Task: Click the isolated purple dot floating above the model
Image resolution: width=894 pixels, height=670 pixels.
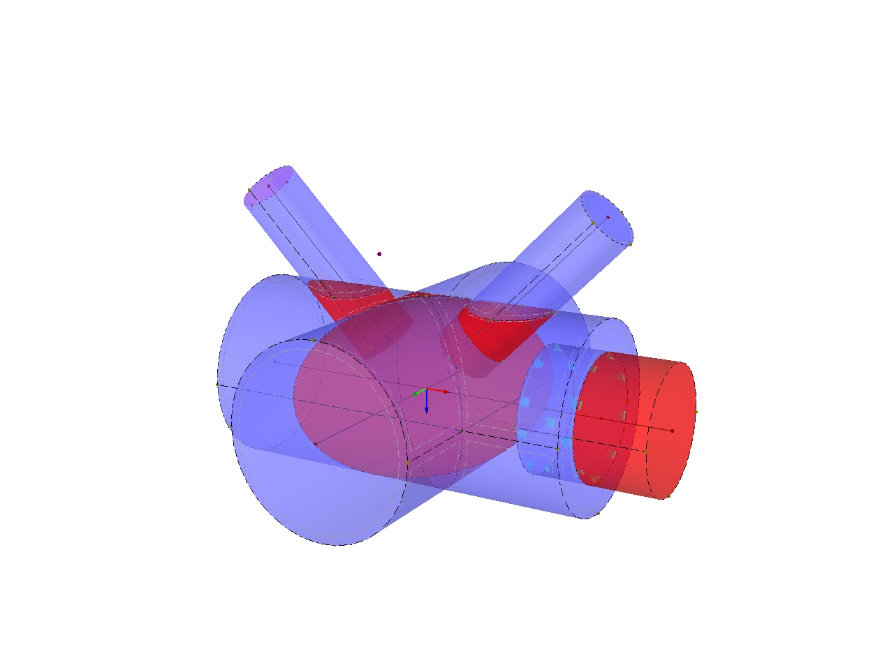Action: coord(379,254)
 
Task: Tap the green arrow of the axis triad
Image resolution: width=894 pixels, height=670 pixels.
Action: coord(418,394)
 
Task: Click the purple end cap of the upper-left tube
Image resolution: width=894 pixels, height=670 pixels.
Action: coord(268,186)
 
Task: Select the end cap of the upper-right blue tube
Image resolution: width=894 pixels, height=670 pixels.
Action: coord(608,216)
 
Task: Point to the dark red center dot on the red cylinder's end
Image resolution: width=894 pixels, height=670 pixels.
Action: coord(672,431)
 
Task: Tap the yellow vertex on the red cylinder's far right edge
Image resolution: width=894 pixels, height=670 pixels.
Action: coord(696,412)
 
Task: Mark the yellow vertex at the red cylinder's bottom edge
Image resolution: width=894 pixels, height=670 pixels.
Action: coord(668,496)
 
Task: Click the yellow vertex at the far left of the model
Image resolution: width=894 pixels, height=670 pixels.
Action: coord(217,384)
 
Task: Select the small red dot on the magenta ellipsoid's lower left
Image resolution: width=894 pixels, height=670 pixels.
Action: coord(316,444)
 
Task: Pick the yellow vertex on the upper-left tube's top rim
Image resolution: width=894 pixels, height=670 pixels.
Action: coord(249,190)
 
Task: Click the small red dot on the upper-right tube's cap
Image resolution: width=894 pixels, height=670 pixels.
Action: coord(608,217)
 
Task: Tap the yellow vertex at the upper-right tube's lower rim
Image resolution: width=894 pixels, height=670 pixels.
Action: coord(630,244)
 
